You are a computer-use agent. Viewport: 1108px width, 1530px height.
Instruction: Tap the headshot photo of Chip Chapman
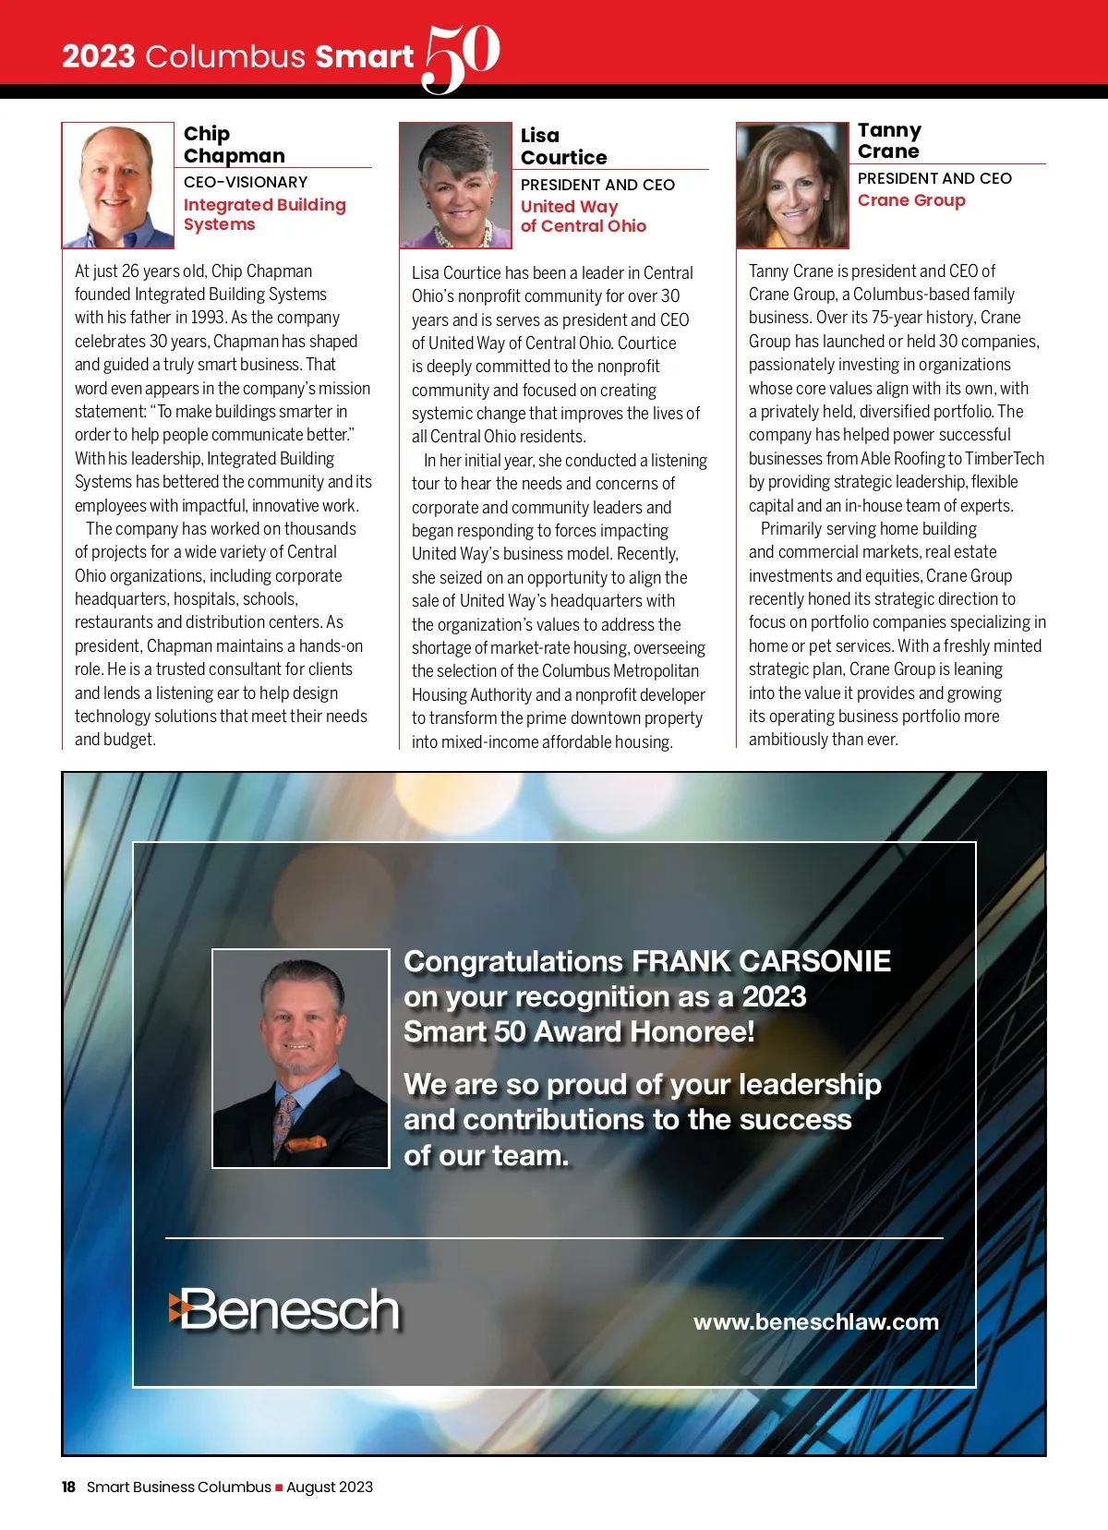pos(118,186)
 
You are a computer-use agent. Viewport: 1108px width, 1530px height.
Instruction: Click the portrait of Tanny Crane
pos(792,186)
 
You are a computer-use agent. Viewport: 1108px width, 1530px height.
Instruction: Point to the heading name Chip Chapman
pos(234,145)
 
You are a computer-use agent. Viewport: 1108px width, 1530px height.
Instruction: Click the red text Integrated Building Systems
pos(264,214)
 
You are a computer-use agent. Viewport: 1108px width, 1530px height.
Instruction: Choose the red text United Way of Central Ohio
pos(583,216)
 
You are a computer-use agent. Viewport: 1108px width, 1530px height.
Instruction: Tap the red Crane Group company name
pos(911,200)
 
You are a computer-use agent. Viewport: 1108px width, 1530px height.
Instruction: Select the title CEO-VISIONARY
pos(246,182)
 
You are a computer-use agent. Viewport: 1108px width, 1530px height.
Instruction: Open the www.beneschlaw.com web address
pos(816,1321)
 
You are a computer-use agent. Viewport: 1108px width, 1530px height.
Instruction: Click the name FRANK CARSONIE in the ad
pos(761,961)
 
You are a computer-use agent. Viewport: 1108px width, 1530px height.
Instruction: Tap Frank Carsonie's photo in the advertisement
pos(301,1058)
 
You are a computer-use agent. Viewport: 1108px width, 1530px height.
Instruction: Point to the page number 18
pos(68,1487)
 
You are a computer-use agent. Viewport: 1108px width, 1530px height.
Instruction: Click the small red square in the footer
pos(279,1488)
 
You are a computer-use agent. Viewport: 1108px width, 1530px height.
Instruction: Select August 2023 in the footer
pos(330,1487)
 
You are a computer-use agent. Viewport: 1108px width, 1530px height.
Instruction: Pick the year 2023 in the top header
pos(99,57)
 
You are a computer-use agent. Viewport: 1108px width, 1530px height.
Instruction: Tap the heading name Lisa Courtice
pos(563,147)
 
